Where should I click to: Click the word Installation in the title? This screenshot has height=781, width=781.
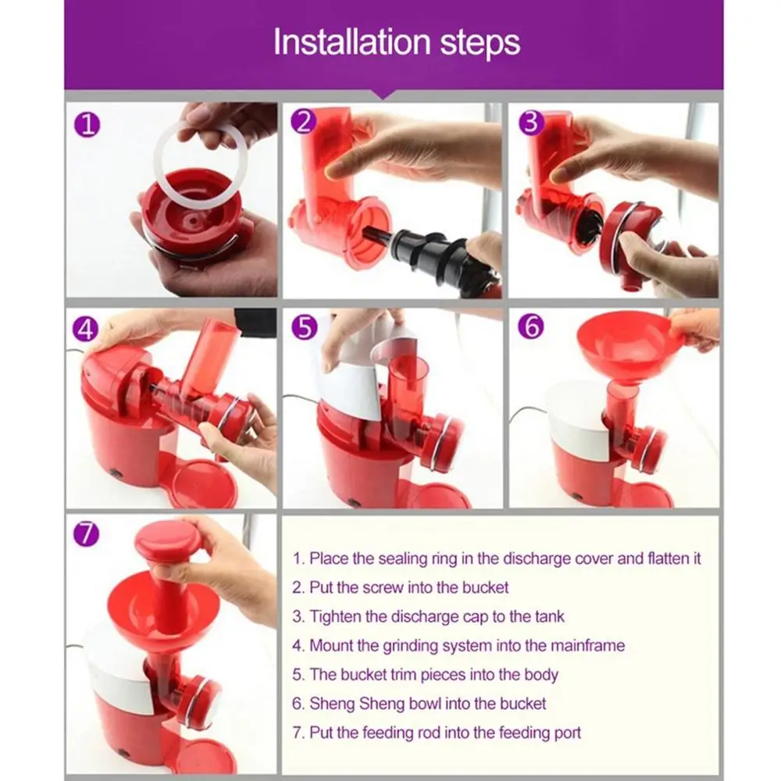click(x=351, y=42)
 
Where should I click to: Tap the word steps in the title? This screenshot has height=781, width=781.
click(x=480, y=44)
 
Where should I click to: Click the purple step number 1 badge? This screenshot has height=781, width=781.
click(x=87, y=124)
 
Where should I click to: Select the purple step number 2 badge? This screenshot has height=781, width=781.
click(x=303, y=122)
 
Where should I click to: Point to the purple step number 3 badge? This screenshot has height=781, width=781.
click(x=531, y=123)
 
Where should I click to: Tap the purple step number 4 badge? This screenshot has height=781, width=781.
click(x=85, y=330)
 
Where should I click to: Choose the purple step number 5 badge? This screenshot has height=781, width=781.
click(x=305, y=328)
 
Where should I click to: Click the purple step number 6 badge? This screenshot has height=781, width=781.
click(x=531, y=327)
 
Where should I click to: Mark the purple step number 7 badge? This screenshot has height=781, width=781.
click(x=86, y=533)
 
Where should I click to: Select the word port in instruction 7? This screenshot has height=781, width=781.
click(x=565, y=733)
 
